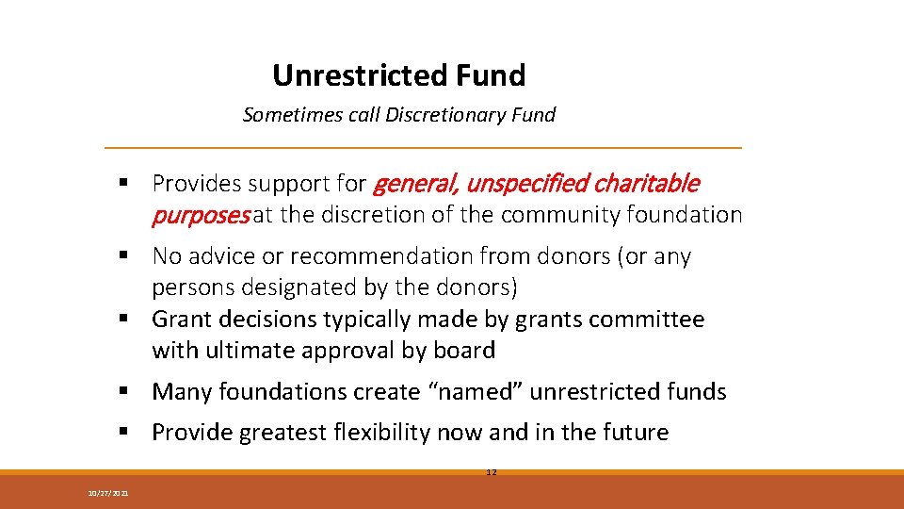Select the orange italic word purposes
[x=201, y=215]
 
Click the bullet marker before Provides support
[x=124, y=183]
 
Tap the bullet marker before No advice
[x=124, y=256]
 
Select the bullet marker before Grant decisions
[x=124, y=320]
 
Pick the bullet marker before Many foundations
[x=124, y=392]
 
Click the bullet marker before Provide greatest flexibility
[x=124, y=434]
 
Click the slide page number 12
[x=491, y=471]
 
